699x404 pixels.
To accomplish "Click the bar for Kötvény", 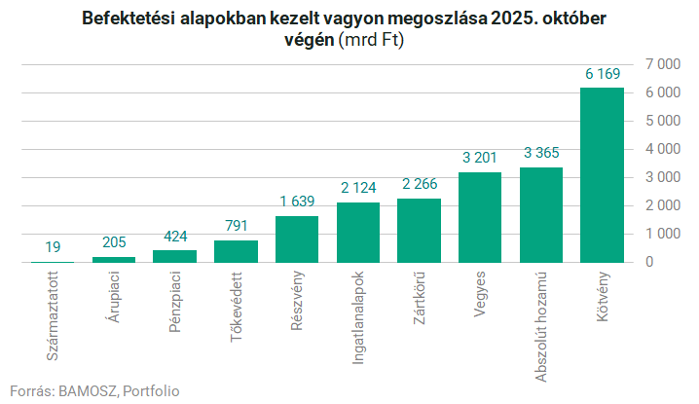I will (602, 175).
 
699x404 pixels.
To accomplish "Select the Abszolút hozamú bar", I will (540, 215).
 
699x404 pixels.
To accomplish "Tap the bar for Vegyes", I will (480, 217).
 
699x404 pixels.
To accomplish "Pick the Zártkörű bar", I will (419, 231).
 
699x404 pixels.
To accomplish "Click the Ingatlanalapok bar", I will (358, 233).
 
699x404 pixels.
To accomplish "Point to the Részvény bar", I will (297, 239).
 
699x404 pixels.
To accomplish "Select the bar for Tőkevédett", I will (236, 251).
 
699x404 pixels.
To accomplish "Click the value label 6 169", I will (602, 73).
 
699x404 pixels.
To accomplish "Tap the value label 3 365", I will (540, 153).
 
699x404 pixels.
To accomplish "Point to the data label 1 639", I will (297, 202).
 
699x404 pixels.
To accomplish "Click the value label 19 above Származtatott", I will (54, 247).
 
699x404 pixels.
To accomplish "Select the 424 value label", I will (175, 236).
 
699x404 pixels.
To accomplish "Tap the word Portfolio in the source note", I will (151, 390).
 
